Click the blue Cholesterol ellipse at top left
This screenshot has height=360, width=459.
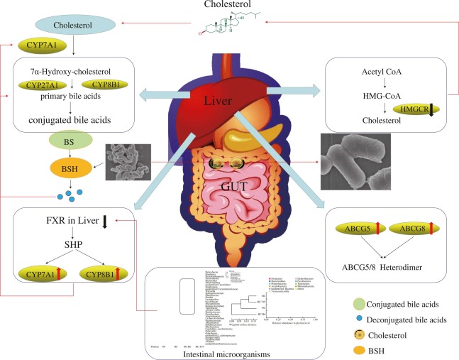coord(70,25)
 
